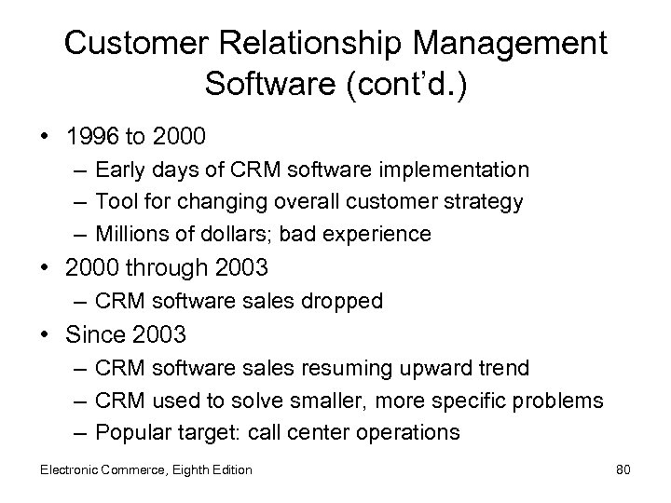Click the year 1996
(92, 136)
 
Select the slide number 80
(623, 469)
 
